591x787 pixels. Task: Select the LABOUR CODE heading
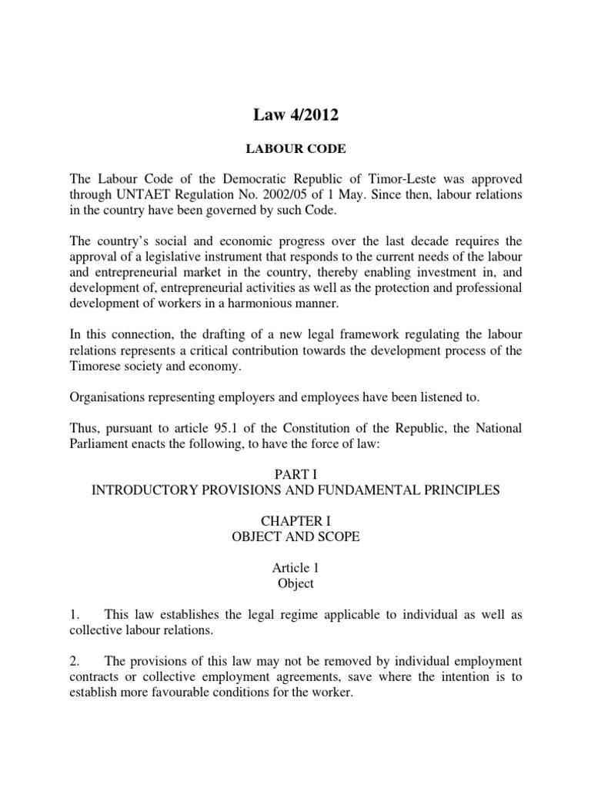pyautogui.click(x=295, y=149)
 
